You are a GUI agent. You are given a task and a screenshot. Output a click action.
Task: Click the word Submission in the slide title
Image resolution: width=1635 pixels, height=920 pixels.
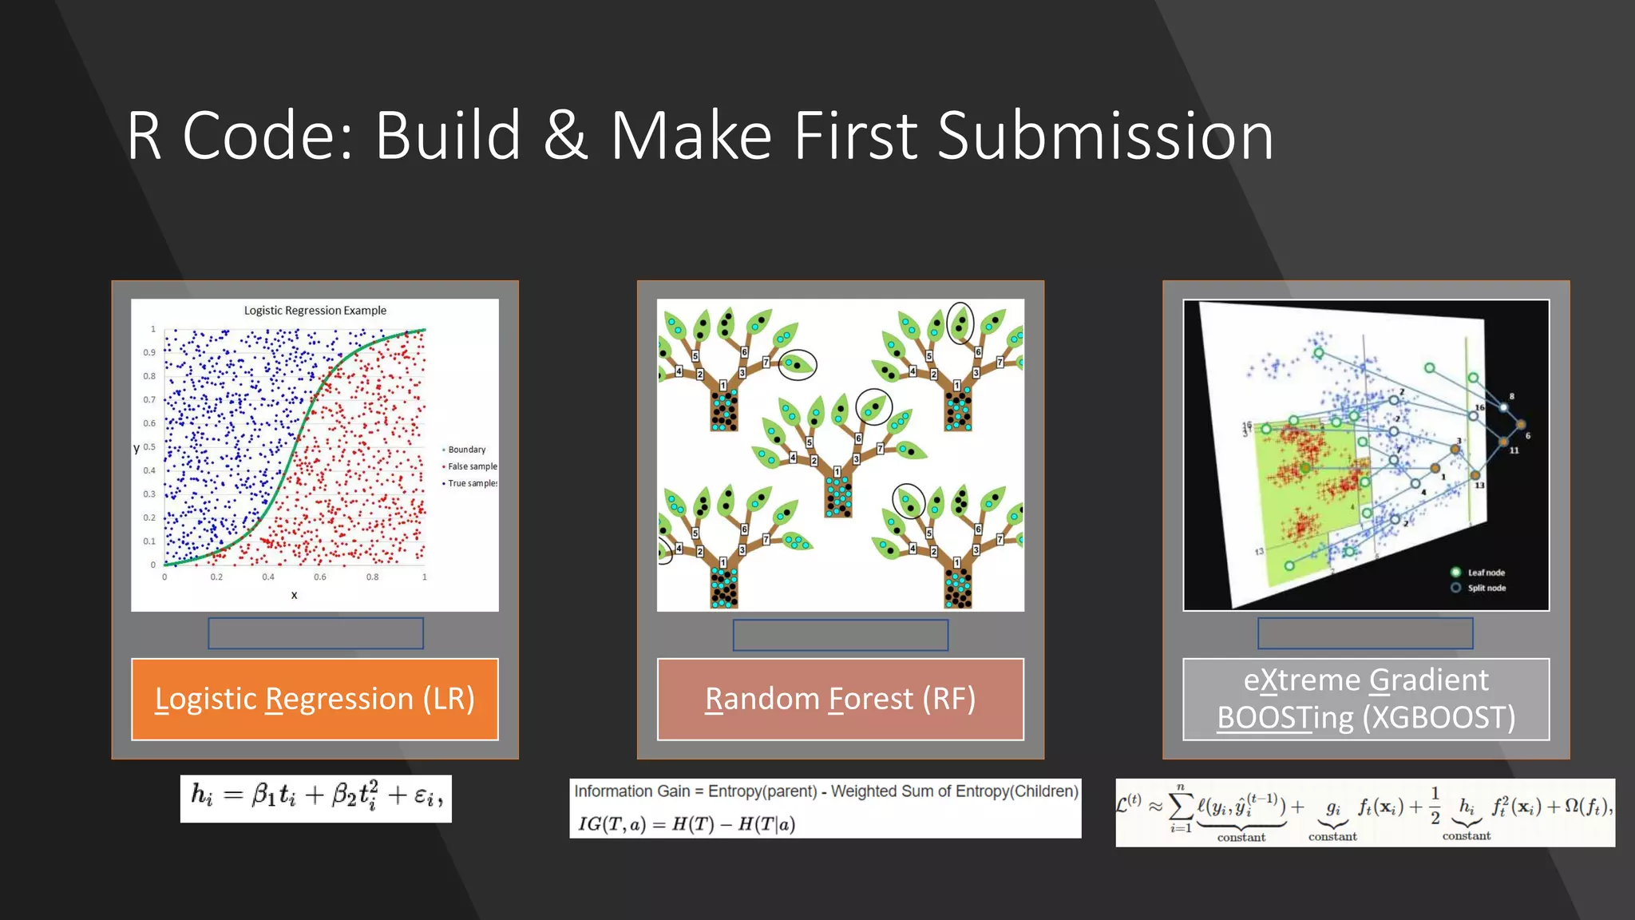point(1105,137)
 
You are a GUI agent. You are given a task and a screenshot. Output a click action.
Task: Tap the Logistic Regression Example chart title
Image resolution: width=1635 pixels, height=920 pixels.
point(315,311)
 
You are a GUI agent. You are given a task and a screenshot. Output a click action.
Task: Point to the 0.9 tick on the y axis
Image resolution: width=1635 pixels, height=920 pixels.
point(149,352)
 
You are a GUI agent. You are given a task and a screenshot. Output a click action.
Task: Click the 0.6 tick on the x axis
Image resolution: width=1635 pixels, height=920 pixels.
point(320,577)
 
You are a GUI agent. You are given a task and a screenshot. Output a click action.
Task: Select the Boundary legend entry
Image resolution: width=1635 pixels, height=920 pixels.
point(466,450)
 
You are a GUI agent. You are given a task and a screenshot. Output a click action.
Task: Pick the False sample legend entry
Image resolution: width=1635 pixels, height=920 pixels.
point(471,466)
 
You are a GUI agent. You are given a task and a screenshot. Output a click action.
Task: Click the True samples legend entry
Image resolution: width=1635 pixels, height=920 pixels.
point(471,483)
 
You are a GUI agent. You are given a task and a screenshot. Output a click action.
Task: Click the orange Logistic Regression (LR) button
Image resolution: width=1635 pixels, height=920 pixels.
point(315,699)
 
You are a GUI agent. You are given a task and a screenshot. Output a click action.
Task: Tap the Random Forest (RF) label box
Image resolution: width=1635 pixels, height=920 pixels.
point(840,699)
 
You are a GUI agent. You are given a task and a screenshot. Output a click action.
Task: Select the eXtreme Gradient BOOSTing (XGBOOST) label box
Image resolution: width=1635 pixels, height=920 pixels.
point(1365,699)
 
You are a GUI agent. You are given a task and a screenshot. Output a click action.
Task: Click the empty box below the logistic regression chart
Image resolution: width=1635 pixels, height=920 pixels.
point(315,633)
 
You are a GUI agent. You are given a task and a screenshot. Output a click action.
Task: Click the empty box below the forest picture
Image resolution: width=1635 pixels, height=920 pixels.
point(840,635)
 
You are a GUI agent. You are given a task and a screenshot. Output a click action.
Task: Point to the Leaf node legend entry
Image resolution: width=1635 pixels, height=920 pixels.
point(1485,573)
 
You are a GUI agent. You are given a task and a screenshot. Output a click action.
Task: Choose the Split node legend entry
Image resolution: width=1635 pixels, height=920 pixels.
point(1485,588)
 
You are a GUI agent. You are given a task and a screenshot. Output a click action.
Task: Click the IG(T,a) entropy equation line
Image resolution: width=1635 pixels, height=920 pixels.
point(687,824)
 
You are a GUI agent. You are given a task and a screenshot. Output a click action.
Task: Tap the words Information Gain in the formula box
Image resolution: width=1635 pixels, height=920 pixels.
point(631,791)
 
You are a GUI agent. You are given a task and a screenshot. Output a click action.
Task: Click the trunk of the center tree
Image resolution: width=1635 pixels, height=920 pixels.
point(838,495)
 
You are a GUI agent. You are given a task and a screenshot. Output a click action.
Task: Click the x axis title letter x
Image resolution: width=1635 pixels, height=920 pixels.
point(294,595)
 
